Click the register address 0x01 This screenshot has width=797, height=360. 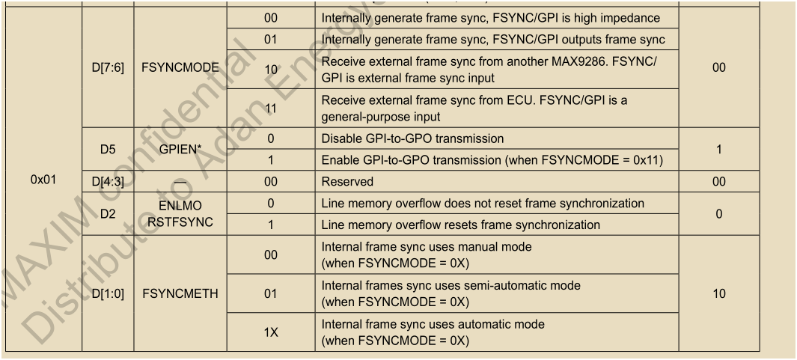(x=43, y=180)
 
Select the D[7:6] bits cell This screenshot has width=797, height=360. (x=108, y=67)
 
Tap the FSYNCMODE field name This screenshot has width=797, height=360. (x=180, y=67)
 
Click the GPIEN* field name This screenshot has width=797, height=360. (x=180, y=150)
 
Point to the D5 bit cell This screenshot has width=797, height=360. (x=108, y=150)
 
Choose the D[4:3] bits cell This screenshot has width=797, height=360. (x=108, y=182)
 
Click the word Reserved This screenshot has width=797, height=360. (x=348, y=182)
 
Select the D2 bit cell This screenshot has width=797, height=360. (x=108, y=214)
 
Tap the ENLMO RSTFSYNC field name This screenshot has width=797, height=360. (x=180, y=214)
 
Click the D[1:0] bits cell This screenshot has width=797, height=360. (x=108, y=294)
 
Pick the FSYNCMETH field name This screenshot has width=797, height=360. (x=180, y=294)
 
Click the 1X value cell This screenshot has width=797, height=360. (x=271, y=332)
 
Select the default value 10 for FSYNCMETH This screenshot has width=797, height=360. (x=718, y=294)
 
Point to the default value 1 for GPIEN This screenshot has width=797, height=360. (x=718, y=150)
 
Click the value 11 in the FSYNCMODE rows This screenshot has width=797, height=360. (x=271, y=109)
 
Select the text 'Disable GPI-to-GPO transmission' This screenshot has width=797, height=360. (x=413, y=138)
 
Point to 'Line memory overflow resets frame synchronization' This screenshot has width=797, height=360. (x=461, y=225)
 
